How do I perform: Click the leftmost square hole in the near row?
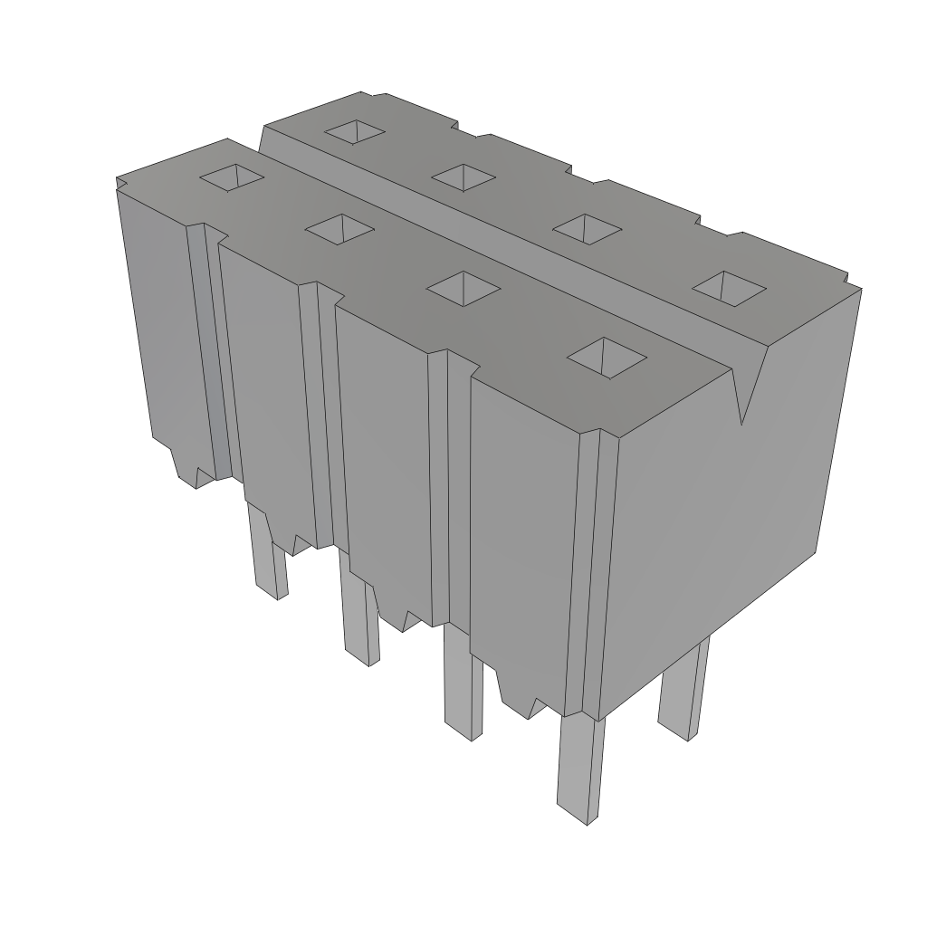pos(232,177)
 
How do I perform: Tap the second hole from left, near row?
pos(339,230)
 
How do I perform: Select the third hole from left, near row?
pos(463,288)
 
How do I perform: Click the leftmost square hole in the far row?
pos(355,132)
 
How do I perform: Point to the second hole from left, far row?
pos(463,177)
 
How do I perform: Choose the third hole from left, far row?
pos(586,228)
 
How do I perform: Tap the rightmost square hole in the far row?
pos(729,287)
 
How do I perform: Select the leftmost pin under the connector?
pos(268,552)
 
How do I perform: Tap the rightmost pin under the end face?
pos(683,688)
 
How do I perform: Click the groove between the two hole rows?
pos(507,253)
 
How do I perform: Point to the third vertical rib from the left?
pos(440,489)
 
